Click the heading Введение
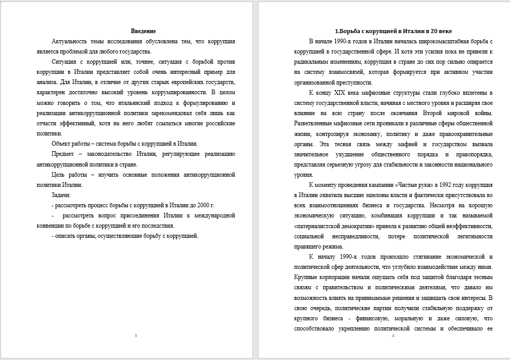point(143,31)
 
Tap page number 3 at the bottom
point(135,336)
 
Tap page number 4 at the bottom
point(393,336)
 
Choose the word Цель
point(60,174)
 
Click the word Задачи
point(62,195)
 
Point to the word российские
point(219,123)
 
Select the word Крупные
point(306,277)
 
